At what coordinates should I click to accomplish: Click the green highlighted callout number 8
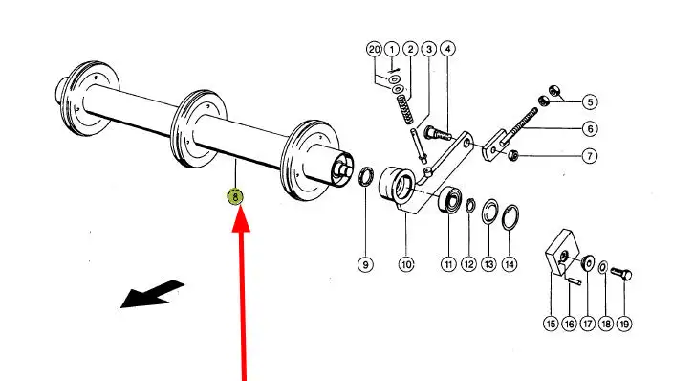pos(235,196)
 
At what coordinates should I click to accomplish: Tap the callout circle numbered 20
pos(375,49)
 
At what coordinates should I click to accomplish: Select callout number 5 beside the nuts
pos(590,102)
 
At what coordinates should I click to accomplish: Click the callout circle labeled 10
pos(406,264)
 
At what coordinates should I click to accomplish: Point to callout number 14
pos(510,264)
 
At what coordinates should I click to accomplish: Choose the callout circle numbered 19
pos(624,324)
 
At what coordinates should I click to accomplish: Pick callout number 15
pos(551,324)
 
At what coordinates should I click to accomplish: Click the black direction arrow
pos(152,294)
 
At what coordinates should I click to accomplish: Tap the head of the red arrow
pos(241,219)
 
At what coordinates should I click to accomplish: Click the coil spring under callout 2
pos(405,110)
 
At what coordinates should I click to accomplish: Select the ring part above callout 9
pos(365,177)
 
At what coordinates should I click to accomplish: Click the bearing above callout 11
pos(450,200)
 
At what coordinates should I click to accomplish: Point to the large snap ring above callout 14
pos(510,217)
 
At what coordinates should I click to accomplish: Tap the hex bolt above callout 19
pos(621,274)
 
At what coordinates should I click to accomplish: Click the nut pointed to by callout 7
pos(512,155)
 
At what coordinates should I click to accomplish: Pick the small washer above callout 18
pos(603,268)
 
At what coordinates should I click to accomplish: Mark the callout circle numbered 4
pos(447,48)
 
